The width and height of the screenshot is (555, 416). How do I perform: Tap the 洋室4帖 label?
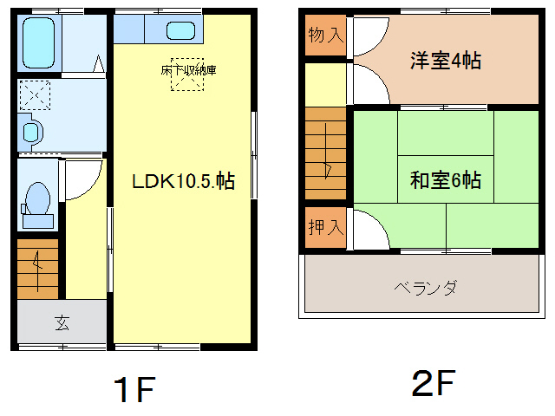click(446, 62)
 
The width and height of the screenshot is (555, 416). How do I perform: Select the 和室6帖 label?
click(446, 181)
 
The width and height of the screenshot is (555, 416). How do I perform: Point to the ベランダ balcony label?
click(425, 287)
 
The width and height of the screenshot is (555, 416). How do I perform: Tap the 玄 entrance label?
click(62, 324)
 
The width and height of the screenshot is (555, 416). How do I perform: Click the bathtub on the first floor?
click(39, 43)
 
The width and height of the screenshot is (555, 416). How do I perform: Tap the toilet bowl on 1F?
click(37, 200)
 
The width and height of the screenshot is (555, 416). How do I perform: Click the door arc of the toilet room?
click(83, 180)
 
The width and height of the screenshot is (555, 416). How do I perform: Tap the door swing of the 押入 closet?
click(364, 228)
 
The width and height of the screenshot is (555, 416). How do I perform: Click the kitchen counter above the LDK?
click(156, 29)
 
